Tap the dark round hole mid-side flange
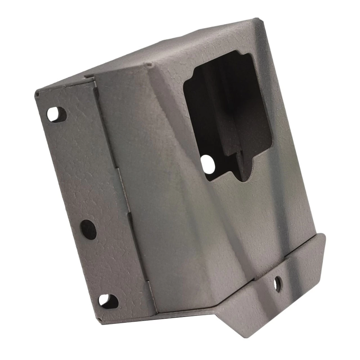point(88,228)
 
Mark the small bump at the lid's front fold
point(150,65)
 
